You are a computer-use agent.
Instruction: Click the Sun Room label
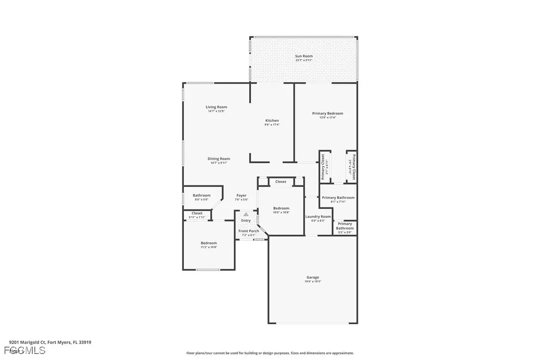pos(304,56)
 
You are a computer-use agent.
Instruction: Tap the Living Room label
pos(216,107)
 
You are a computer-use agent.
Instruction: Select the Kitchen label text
pos(272,120)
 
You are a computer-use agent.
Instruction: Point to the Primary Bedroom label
pos(327,113)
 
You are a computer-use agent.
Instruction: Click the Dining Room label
pos(219,159)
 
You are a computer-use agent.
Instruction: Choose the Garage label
pos(313,277)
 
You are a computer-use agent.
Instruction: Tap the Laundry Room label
pos(318,216)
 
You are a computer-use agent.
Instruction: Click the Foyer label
pos(241,195)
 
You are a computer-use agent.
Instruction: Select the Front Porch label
pos(248,231)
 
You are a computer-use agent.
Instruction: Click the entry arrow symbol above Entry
pos(246,214)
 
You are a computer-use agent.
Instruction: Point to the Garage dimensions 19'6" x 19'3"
pos(313,281)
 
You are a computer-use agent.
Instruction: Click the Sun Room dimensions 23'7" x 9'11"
pos(304,61)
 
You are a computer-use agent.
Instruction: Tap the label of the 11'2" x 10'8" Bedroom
pos(209,243)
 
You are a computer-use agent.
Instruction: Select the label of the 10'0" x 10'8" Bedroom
pos(281,208)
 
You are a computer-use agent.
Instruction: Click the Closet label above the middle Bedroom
pos(280,181)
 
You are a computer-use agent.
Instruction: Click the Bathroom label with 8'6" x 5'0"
pos(201,195)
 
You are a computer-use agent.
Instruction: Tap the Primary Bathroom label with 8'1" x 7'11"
pos(338,197)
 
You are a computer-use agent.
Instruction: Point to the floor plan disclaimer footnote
pos(270,353)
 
